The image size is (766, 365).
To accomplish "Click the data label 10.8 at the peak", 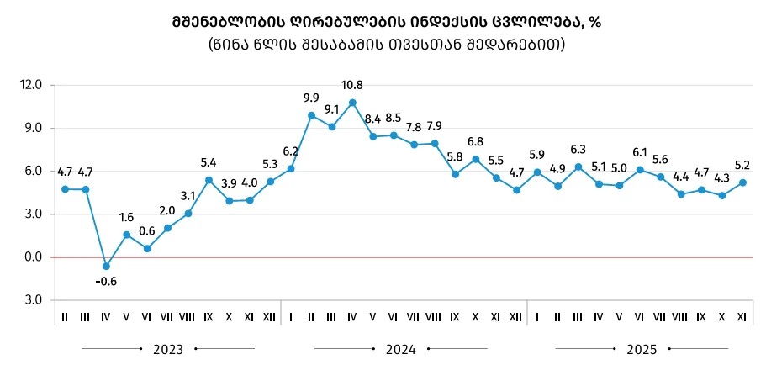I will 352,85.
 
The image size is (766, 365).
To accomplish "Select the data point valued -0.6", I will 106,266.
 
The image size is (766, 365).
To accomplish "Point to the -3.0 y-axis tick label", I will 31,300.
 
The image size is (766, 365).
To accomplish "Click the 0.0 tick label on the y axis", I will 33,257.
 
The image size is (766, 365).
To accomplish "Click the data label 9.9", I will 312,98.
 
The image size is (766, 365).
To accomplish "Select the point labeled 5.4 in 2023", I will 209,179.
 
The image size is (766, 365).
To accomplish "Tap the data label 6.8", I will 476,141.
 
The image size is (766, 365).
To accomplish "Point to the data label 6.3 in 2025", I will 578,150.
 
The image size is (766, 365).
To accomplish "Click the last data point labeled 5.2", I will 743,182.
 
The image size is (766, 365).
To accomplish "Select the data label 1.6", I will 125,217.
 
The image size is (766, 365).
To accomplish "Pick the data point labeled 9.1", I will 332,127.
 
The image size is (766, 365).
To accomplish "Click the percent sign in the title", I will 595,23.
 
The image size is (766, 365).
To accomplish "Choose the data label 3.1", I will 188,196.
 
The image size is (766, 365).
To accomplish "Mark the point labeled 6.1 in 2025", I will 641,170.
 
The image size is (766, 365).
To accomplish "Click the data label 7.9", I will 435,126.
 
